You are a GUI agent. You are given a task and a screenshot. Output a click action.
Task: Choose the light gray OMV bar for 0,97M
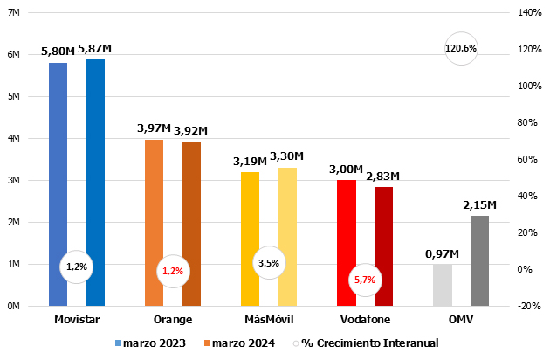(x=443, y=285)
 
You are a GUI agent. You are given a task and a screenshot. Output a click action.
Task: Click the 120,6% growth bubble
(x=461, y=49)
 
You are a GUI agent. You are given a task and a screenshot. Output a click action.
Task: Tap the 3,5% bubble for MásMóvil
(x=269, y=262)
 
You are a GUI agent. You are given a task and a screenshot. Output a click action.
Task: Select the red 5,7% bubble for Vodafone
(x=365, y=280)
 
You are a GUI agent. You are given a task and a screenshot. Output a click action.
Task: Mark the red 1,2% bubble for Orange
(x=173, y=271)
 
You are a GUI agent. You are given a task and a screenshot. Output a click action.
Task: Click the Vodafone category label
(x=365, y=320)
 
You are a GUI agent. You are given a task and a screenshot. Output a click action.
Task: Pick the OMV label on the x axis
(x=461, y=320)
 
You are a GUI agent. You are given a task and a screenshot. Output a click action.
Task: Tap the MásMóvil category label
(x=269, y=320)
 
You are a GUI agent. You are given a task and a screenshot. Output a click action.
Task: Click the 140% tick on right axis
(x=530, y=12)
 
